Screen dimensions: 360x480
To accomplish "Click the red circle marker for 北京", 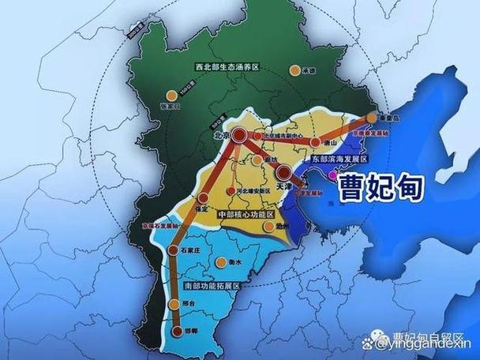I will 238,135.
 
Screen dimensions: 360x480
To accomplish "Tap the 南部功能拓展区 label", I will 209,284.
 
